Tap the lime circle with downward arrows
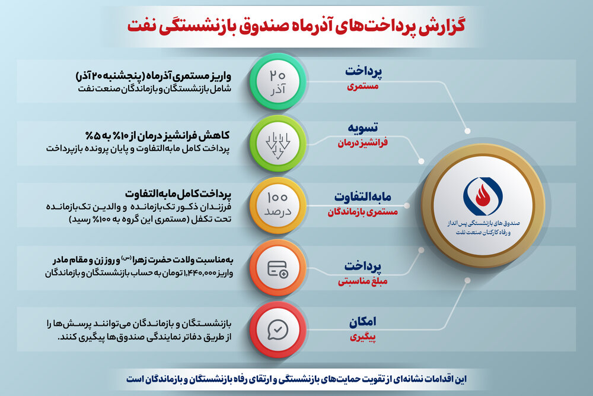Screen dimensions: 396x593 pyautogui.click(x=278, y=144)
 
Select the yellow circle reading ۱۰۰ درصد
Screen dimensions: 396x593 pyautogui.click(x=278, y=205)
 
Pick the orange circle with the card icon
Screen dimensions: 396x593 pyautogui.click(x=278, y=268)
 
